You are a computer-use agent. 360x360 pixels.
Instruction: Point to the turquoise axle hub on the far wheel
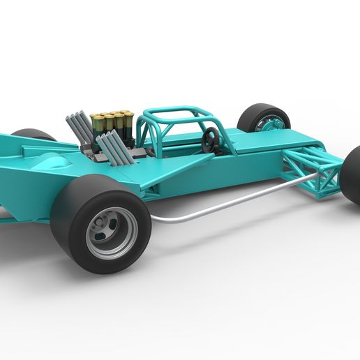pos(269,126)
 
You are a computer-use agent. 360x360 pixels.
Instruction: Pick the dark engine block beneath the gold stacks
pos(115,150)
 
